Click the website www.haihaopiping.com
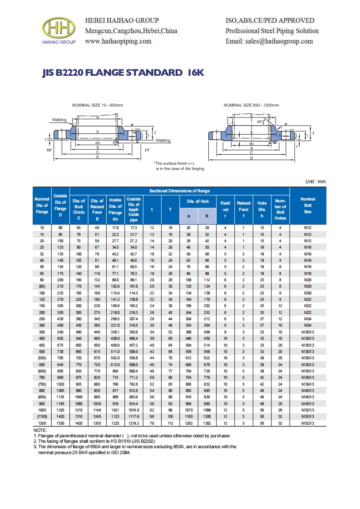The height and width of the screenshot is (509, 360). tap(118, 41)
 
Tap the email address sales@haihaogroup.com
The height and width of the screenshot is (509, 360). tap(269, 41)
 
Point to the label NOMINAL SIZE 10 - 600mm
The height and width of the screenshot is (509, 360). tap(98, 105)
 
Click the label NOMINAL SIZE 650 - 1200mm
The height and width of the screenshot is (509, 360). tap(251, 105)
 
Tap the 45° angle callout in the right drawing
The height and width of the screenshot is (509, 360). tap(259, 122)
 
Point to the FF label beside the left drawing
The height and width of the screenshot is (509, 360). tap(147, 150)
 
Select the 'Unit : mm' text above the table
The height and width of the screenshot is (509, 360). tap(316, 181)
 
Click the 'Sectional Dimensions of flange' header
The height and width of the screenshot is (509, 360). tap(179, 191)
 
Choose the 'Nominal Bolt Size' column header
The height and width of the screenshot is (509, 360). tap(308, 205)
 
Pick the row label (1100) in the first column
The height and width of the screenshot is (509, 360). tap(42, 417)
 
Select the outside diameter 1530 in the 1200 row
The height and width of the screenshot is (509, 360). tap(60, 423)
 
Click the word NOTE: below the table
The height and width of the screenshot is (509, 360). tap(40, 430)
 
